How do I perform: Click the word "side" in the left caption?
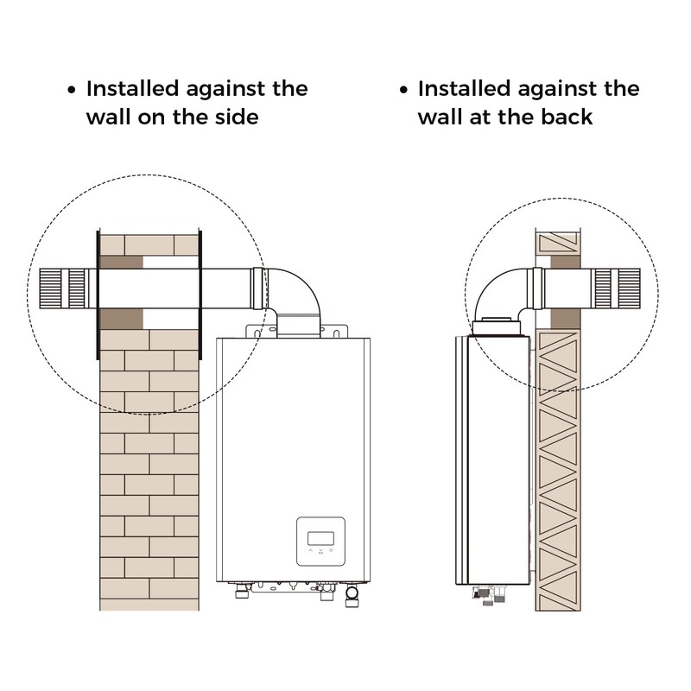236,117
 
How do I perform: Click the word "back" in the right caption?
567,117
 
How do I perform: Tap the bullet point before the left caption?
72,90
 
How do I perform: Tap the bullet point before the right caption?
403,90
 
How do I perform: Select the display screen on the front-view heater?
320,538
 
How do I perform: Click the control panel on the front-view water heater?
320,542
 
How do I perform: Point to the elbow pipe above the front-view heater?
291,291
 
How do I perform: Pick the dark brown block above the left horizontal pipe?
121,263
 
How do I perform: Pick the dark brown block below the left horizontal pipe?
121,319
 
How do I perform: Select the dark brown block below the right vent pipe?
565,319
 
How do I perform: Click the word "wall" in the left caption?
108,117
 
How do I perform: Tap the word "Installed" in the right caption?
465,89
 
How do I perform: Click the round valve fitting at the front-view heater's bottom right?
352,595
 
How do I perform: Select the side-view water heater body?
493,460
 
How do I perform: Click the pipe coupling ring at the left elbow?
257,288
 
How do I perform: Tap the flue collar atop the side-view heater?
497,326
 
